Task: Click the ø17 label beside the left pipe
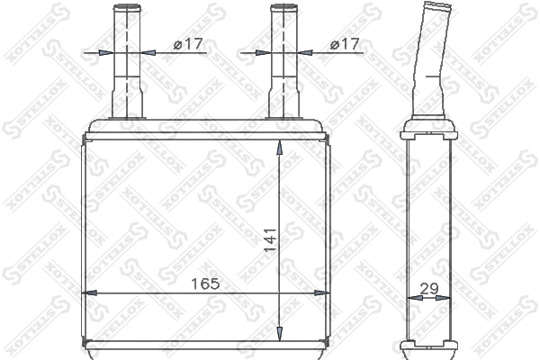(187, 44)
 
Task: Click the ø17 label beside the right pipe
(346, 44)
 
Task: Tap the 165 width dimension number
(205, 283)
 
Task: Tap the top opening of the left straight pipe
(124, 7)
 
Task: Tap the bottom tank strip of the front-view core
(206, 346)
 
